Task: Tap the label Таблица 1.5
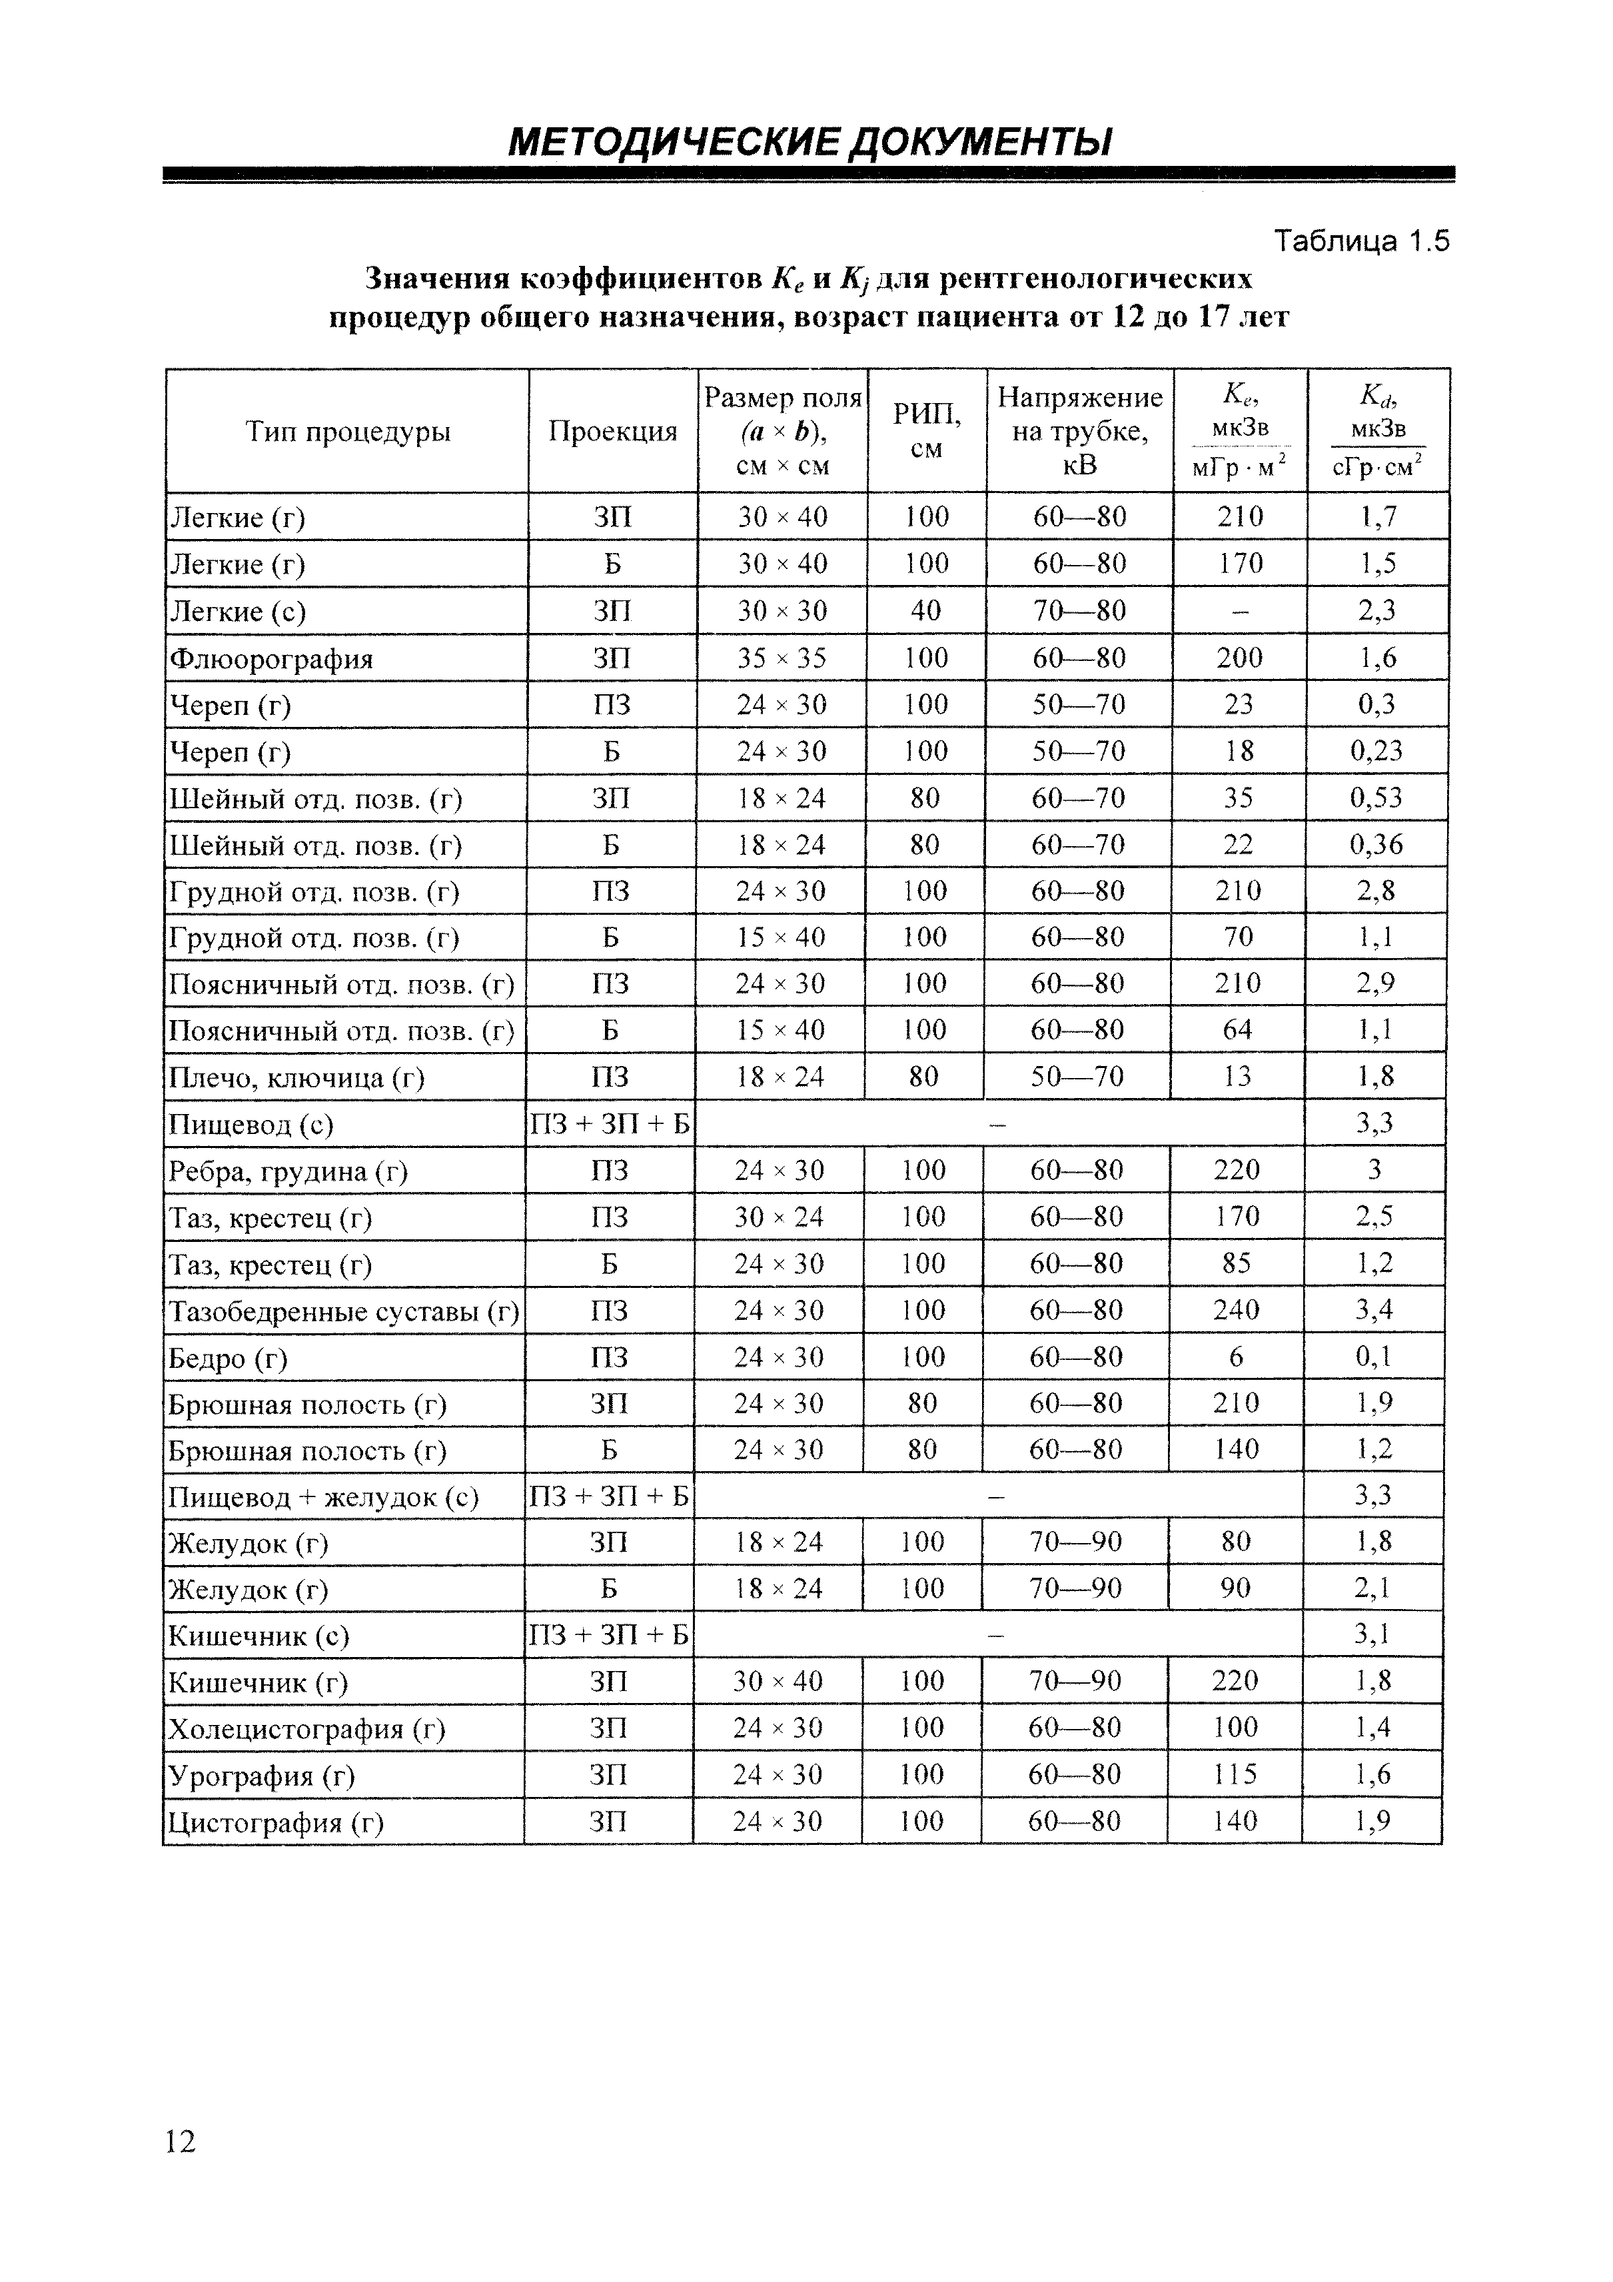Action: point(1362,241)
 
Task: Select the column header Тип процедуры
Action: point(347,431)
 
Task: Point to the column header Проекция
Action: point(612,431)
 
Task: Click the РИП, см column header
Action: point(926,431)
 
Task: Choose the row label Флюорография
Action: point(271,659)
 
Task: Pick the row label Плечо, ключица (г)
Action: point(296,1077)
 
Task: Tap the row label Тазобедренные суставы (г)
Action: point(344,1312)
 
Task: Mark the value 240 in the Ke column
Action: point(1237,1310)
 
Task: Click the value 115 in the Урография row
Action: point(1235,1775)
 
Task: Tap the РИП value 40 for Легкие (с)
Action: point(925,610)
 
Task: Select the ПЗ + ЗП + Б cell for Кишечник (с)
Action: point(608,1635)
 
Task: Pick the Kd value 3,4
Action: point(1374,1310)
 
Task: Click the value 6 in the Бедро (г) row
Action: point(1237,1357)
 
